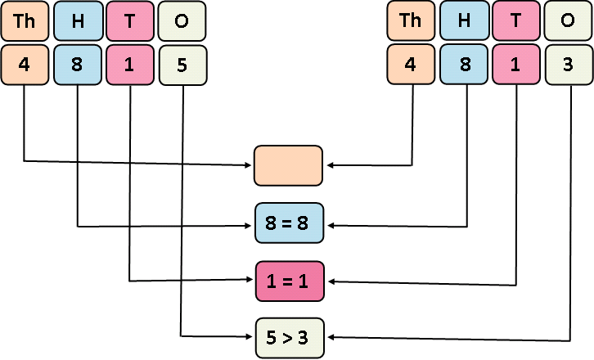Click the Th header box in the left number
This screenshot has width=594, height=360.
click(x=25, y=21)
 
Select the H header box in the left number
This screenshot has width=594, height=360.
click(x=78, y=21)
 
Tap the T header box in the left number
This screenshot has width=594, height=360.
click(x=130, y=21)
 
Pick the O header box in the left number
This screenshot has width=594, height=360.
click(x=182, y=21)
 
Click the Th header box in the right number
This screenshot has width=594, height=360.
click(x=411, y=21)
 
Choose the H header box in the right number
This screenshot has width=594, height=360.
click(x=464, y=21)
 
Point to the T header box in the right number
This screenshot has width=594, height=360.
click(x=516, y=21)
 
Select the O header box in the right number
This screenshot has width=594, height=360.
click(x=569, y=21)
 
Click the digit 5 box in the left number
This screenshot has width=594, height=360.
click(x=182, y=65)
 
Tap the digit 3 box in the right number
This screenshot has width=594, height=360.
click(x=569, y=65)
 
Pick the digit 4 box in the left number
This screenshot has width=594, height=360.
click(x=25, y=65)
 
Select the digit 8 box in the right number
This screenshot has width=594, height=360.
click(x=464, y=65)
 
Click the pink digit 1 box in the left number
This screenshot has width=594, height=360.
click(x=130, y=65)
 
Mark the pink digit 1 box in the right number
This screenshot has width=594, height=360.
click(x=516, y=65)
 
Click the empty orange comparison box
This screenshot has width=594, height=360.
click(x=289, y=165)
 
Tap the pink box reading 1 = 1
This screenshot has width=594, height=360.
click(x=289, y=281)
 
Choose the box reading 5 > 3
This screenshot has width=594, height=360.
click(x=289, y=337)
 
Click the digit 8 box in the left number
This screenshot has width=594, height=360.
click(x=78, y=65)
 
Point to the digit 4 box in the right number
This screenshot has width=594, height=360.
click(x=411, y=65)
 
